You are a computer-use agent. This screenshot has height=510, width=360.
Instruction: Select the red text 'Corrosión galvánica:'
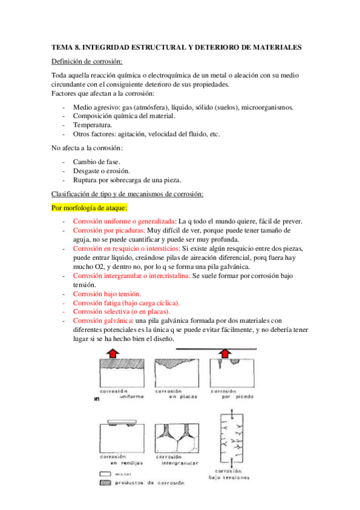click(x=103, y=321)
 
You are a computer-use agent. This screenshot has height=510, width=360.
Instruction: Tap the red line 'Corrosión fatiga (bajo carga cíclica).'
click(x=126, y=303)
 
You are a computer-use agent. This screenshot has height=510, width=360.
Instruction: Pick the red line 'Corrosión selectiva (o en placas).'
click(x=121, y=312)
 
